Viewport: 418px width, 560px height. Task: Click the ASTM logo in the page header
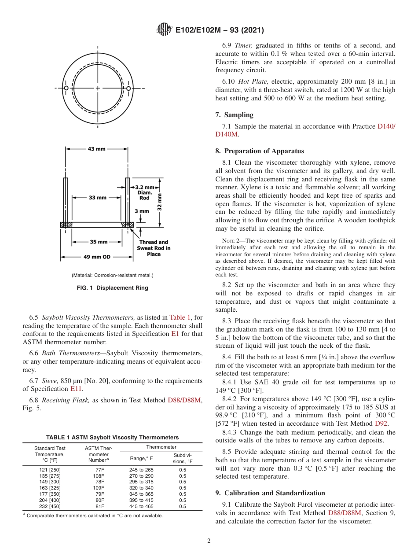[164, 30]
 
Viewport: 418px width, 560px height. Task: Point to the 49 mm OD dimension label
[97, 257]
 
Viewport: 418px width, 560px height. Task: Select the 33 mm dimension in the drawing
[97, 198]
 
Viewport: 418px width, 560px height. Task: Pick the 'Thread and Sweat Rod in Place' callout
[154, 248]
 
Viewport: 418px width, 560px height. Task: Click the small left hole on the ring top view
[66, 88]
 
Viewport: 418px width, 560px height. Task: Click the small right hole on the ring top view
[128, 88]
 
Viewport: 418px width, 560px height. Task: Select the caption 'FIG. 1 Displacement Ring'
[112, 288]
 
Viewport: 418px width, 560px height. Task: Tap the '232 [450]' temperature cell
[50, 506]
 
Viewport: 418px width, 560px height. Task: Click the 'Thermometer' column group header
[161, 447]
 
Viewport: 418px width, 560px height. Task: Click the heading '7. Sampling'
[234, 115]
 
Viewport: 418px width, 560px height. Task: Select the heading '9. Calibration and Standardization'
[270, 493]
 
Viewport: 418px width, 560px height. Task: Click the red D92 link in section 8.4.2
[381, 424]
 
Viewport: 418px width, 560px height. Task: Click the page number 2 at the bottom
[209, 541]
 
